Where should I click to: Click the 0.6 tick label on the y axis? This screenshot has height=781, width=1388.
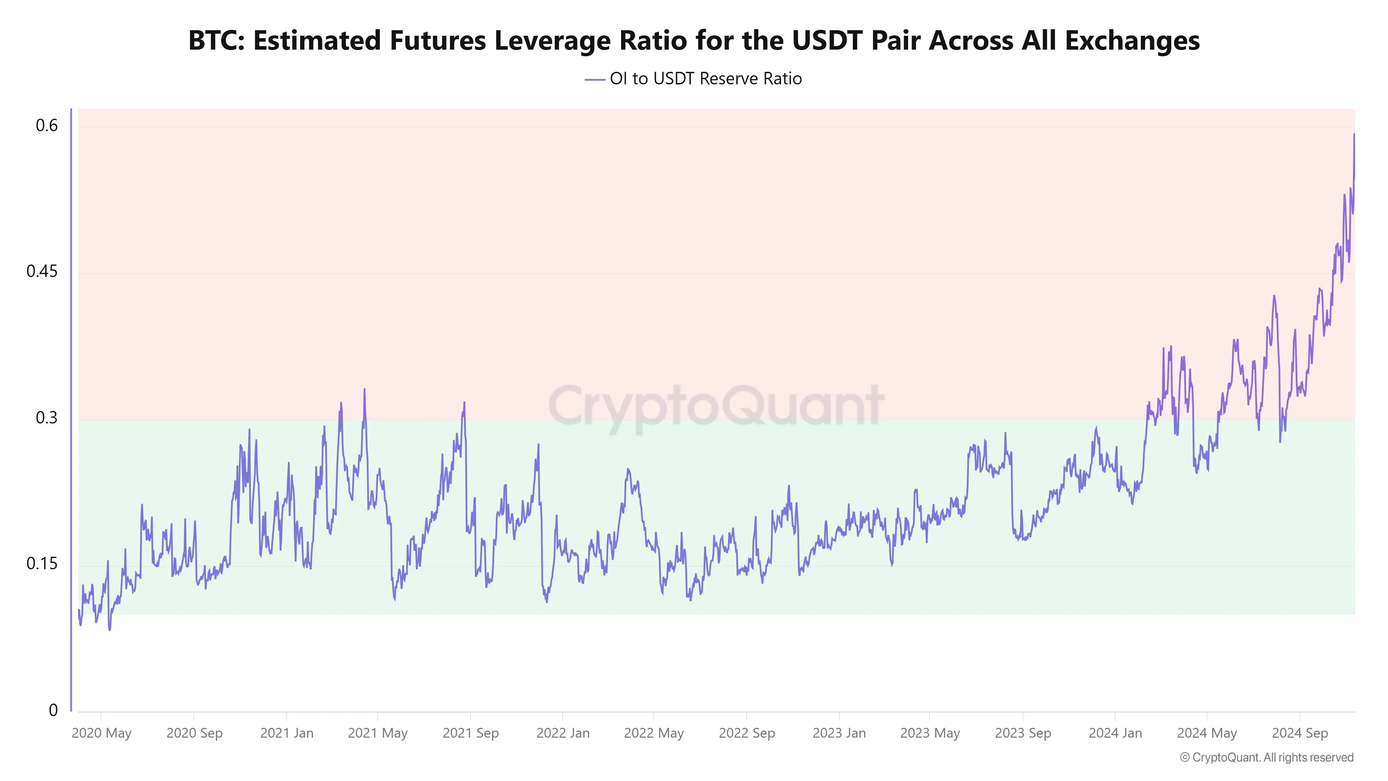46,126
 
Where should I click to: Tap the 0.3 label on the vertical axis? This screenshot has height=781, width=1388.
46,418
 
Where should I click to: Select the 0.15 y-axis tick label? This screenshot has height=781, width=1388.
42,564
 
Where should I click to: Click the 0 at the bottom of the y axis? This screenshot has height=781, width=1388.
53,711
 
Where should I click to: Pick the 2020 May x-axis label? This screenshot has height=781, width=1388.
101,733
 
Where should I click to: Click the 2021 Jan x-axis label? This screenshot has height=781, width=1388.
287,733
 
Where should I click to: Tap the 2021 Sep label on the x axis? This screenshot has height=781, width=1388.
471,733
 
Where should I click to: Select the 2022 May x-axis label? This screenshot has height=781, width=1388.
654,733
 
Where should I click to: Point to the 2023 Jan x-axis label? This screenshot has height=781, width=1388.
839,733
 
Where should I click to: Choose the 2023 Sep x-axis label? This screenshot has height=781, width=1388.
1023,733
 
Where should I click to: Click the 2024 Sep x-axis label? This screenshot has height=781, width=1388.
1300,733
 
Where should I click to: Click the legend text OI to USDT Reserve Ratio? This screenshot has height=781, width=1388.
705,79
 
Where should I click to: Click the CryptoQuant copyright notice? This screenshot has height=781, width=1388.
1266,757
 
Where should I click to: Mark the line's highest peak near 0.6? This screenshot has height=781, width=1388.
1354,135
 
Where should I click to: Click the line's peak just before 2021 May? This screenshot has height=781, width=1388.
364,390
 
